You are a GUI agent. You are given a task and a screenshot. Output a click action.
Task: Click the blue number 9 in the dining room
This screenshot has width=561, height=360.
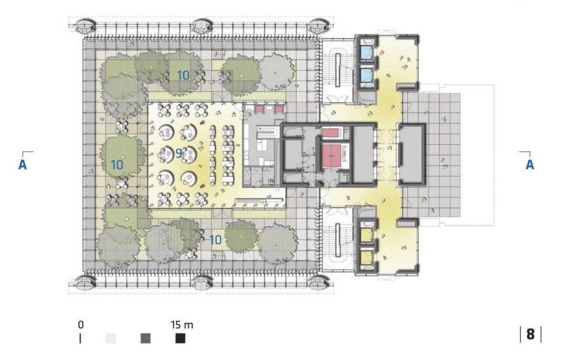pyautogui.click(x=179, y=153)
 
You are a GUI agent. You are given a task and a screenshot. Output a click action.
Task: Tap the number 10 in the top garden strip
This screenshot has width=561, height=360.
pyautogui.click(x=183, y=76)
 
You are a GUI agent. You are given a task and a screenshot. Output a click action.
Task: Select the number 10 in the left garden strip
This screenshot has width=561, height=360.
pyautogui.click(x=117, y=165)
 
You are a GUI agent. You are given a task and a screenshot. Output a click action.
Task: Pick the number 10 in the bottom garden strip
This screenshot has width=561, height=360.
pyautogui.click(x=215, y=240)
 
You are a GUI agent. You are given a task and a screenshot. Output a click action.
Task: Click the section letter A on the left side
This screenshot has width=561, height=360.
pyautogui.click(x=22, y=165)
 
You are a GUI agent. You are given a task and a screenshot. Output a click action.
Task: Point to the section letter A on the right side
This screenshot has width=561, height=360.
pyautogui.click(x=530, y=165)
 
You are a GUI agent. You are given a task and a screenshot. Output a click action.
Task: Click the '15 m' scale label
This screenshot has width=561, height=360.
pyautogui.click(x=182, y=325)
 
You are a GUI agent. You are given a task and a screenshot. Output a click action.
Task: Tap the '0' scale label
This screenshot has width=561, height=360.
pyautogui.click(x=81, y=325)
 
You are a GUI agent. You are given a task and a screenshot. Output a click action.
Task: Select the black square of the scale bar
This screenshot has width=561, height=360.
pyautogui.click(x=180, y=339)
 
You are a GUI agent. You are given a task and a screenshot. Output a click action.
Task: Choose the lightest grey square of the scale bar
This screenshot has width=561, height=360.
pyautogui.click(x=111, y=339)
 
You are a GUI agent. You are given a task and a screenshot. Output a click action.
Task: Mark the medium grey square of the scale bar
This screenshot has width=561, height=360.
pyautogui.click(x=146, y=339)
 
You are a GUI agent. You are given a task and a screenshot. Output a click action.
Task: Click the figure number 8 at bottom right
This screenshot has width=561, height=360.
pyautogui.click(x=531, y=334)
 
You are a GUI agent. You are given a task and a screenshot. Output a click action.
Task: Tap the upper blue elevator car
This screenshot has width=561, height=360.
pyautogui.click(x=367, y=53)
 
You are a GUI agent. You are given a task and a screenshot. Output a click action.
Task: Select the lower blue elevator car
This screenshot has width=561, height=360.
pyautogui.click(x=367, y=75)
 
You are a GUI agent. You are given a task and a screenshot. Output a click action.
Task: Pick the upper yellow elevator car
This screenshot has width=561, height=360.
pyautogui.click(x=367, y=234)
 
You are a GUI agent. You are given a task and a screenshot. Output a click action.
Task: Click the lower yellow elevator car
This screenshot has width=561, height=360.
pyautogui.click(x=367, y=258)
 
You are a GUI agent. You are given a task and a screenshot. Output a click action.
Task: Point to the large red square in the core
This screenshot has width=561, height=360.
pyautogui.click(x=331, y=156)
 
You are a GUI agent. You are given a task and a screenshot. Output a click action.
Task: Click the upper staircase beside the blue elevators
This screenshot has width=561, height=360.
pyautogui.click(x=338, y=69)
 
